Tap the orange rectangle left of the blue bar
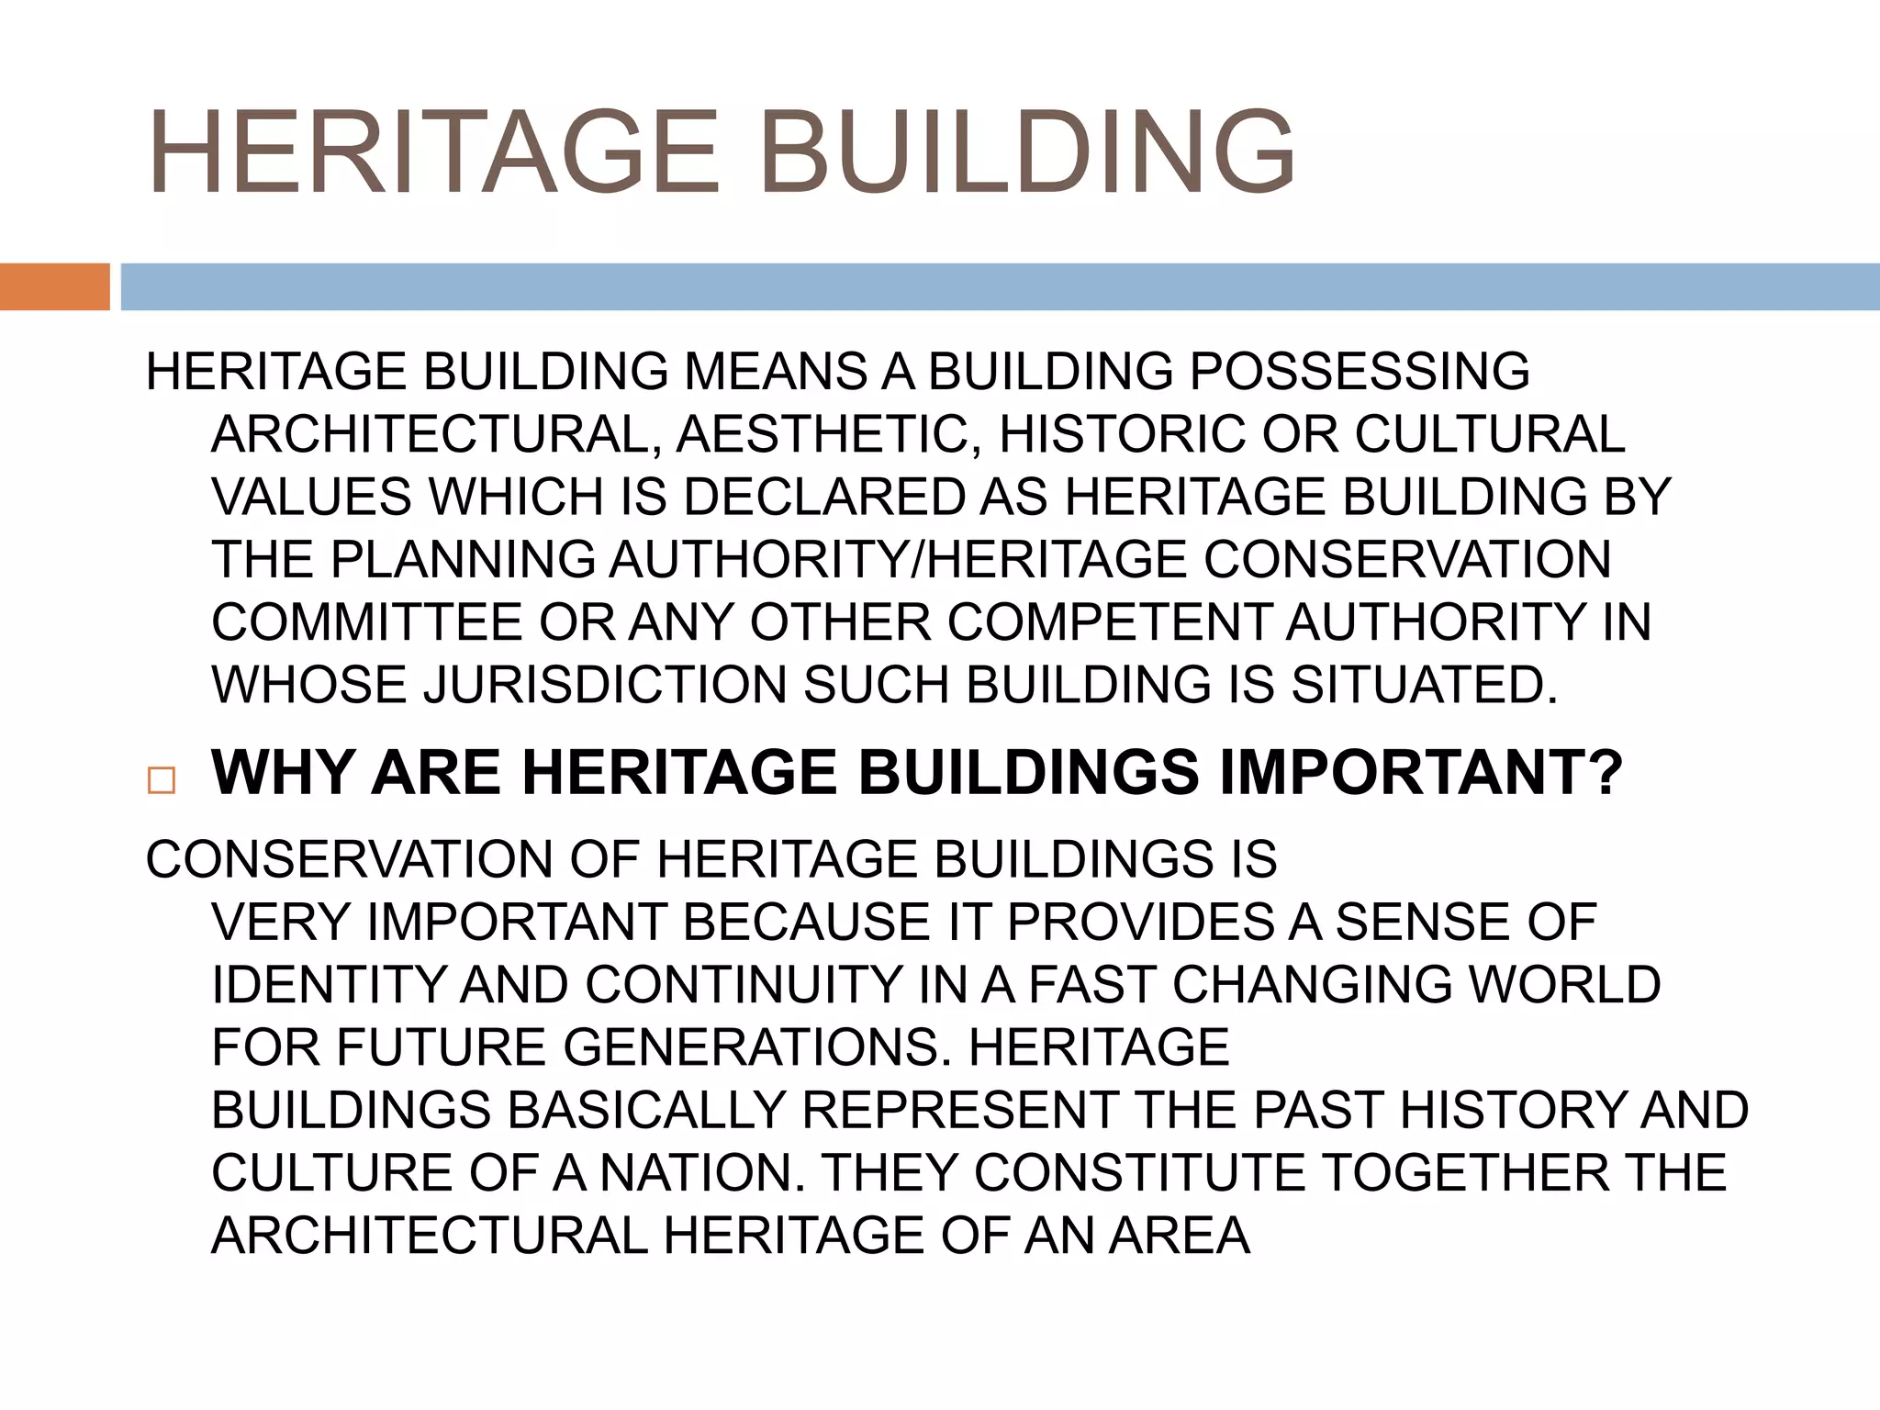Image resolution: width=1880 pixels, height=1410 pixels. tap(54, 286)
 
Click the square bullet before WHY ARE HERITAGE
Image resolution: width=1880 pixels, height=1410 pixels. tap(161, 780)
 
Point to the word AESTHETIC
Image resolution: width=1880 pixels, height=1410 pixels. tap(830, 434)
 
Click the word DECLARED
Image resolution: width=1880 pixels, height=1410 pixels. tap(823, 497)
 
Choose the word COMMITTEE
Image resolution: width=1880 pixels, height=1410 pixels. tap(367, 622)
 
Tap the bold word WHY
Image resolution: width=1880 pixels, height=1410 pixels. tap(283, 772)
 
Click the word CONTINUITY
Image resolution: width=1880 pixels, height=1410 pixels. tap(744, 985)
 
